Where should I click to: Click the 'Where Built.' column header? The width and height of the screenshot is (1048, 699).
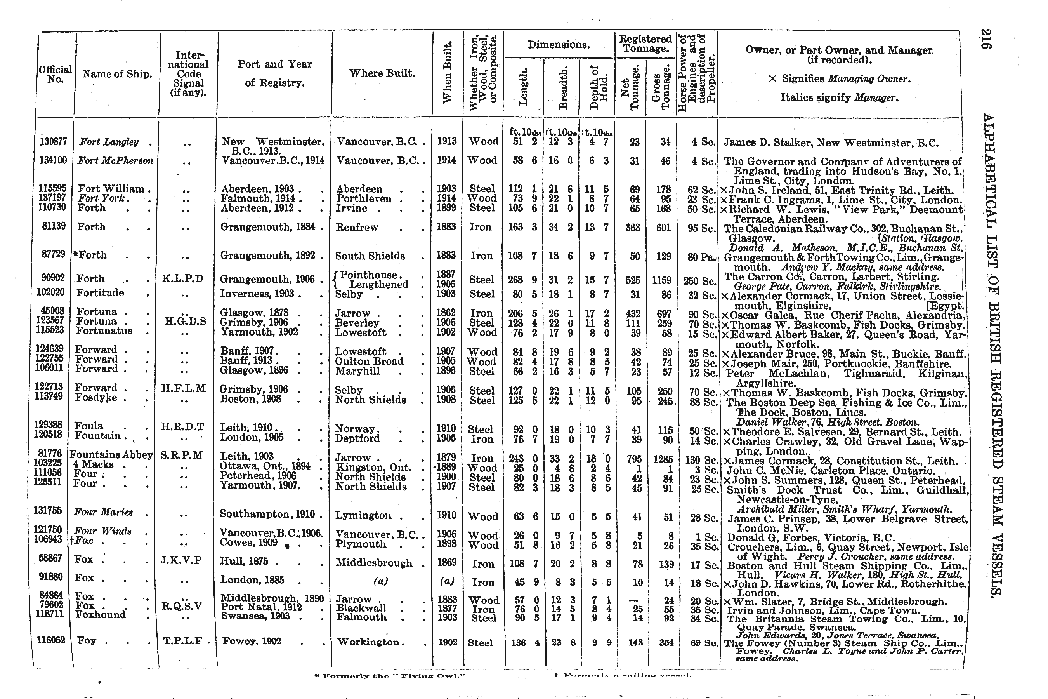pyautogui.click(x=382, y=73)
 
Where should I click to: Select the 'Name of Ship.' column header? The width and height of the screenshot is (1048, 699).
pyautogui.click(x=117, y=74)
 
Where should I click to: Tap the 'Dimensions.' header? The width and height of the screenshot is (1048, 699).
pyautogui.click(x=559, y=45)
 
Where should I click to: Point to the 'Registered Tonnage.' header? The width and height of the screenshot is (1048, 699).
pyautogui.click(x=645, y=43)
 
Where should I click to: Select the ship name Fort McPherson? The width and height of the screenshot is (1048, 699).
pyautogui.click(x=115, y=160)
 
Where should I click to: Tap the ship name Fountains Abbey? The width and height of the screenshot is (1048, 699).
pyautogui.click(x=111, y=455)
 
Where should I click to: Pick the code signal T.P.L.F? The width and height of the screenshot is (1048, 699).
pyautogui.click(x=183, y=641)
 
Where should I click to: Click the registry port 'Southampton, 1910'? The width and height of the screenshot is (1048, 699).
pyautogui.click(x=267, y=514)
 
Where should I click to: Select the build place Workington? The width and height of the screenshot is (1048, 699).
pyautogui.click(x=368, y=642)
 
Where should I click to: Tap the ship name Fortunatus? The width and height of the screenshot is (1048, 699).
pyautogui.click(x=104, y=331)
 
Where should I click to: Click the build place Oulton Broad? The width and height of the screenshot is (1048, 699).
pyautogui.click(x=369, y=361)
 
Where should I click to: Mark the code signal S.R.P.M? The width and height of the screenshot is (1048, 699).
pyautogui.click(x=182, y=456)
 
